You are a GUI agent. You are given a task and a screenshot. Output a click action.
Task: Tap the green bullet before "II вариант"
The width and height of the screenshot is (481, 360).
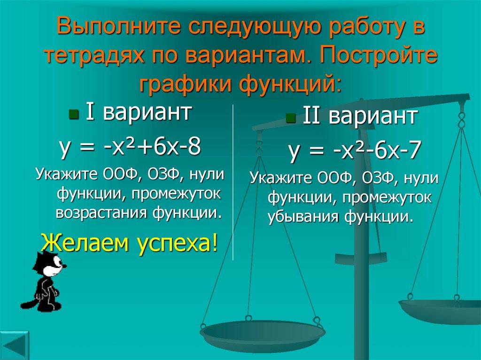[x=289, y=117]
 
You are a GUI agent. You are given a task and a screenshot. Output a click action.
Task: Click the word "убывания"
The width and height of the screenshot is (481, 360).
[x=304, y=216]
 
